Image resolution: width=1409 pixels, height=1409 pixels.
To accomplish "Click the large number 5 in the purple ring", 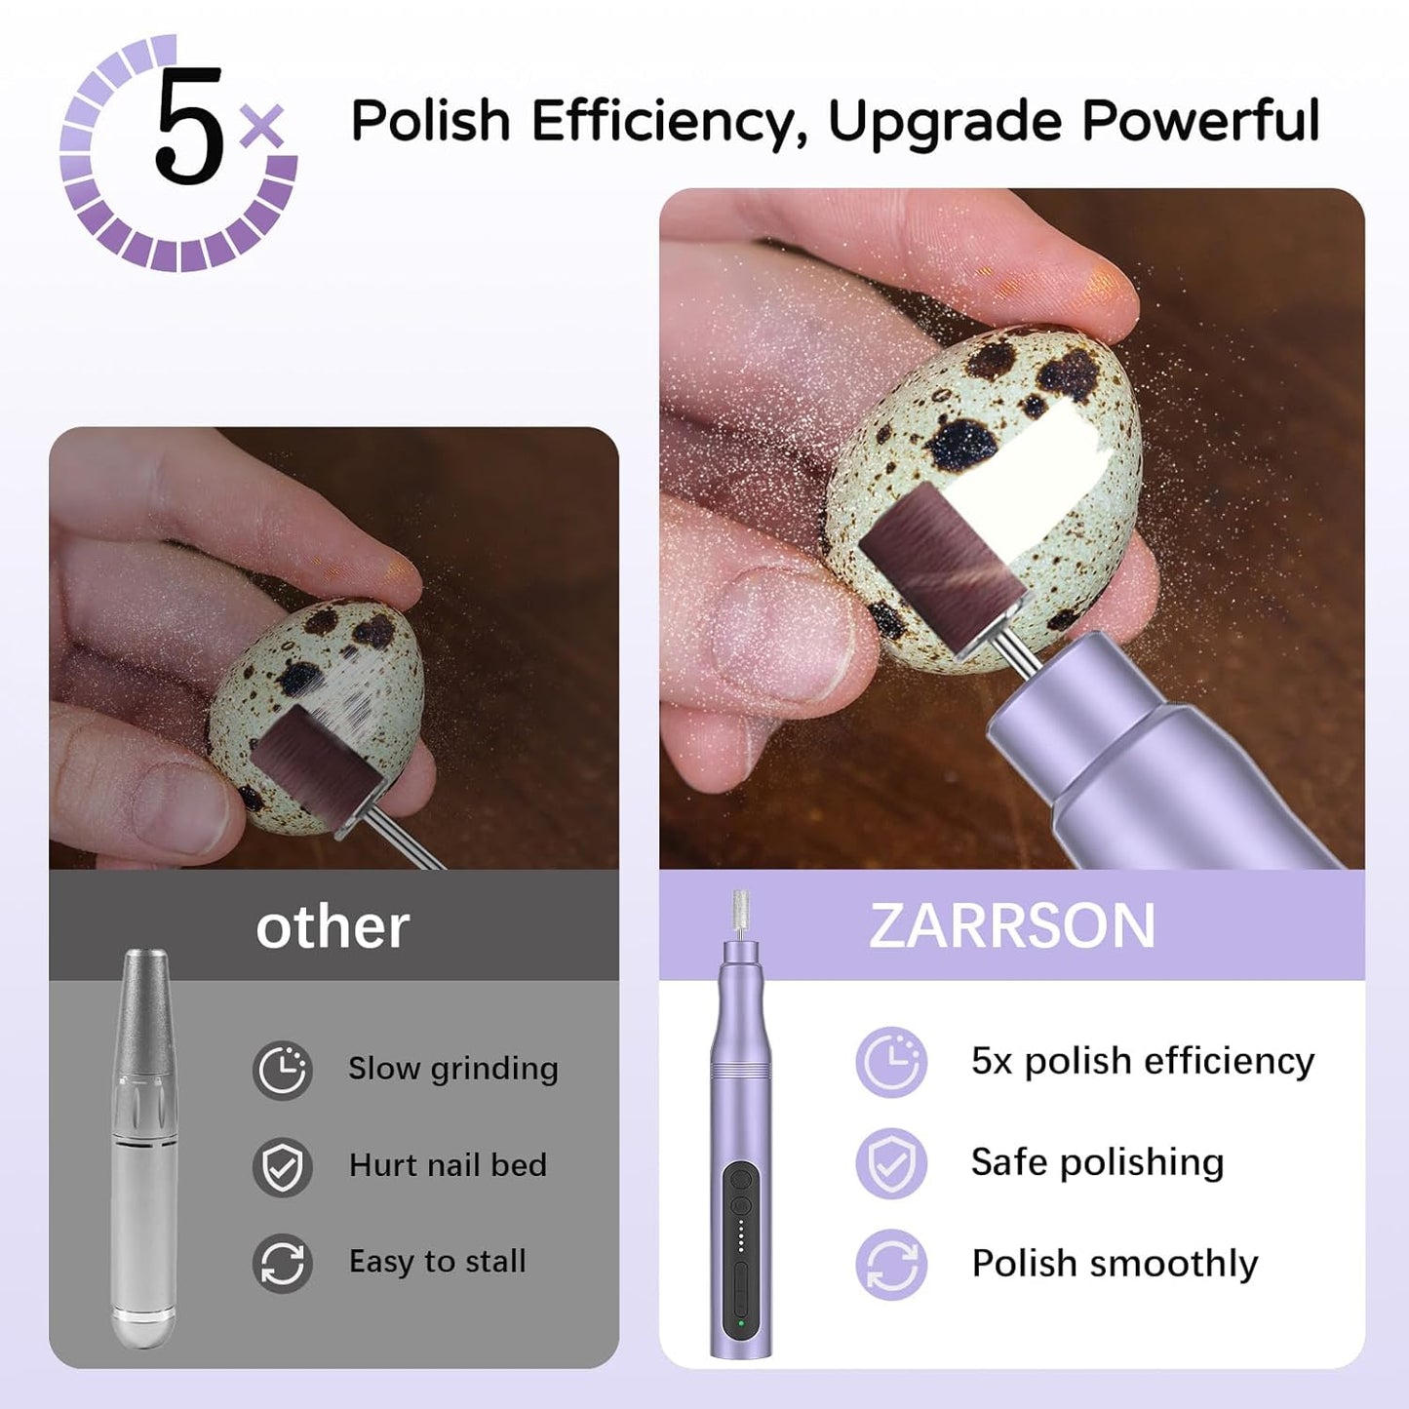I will pyautogui.click(x=189, y=128).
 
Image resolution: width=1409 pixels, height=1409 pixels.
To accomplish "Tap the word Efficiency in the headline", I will pyautogui.click(x=667, y=122).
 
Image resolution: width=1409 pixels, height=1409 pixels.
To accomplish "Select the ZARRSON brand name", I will pyautogui.click(x=1011, y=925).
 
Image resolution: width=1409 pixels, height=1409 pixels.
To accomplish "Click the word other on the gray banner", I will pyautogui.click(x=333, y=927).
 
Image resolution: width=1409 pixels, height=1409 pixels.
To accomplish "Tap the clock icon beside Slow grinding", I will pyautogui.click(x=283, y=1070).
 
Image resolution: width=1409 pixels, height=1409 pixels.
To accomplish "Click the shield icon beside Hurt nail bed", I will pyautogui.click(x=283, y=1166).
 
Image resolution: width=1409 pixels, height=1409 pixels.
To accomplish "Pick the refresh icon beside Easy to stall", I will pyautogui.click(x=283, y=1263).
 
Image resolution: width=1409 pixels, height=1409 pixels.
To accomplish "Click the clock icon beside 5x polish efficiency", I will pyautogui.click(x=891, y=1062).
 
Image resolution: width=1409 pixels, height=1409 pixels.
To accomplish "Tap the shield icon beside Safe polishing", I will pyautogui.click(x=891, y=1163).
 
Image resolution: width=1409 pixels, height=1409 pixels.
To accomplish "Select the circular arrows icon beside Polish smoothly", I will pyautogui.click(x=891, y=1265).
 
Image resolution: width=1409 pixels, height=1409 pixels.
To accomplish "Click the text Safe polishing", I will pyautogui.click(x=1097, y=1162).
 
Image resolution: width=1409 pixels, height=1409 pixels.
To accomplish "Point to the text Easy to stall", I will pyautogui.click(x=437, y=1261).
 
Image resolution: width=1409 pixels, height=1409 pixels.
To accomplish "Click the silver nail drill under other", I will pyautogui.click(x=144, y=1151).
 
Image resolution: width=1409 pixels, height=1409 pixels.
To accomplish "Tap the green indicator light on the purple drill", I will pyautogui.click(x=741, y=1322).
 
